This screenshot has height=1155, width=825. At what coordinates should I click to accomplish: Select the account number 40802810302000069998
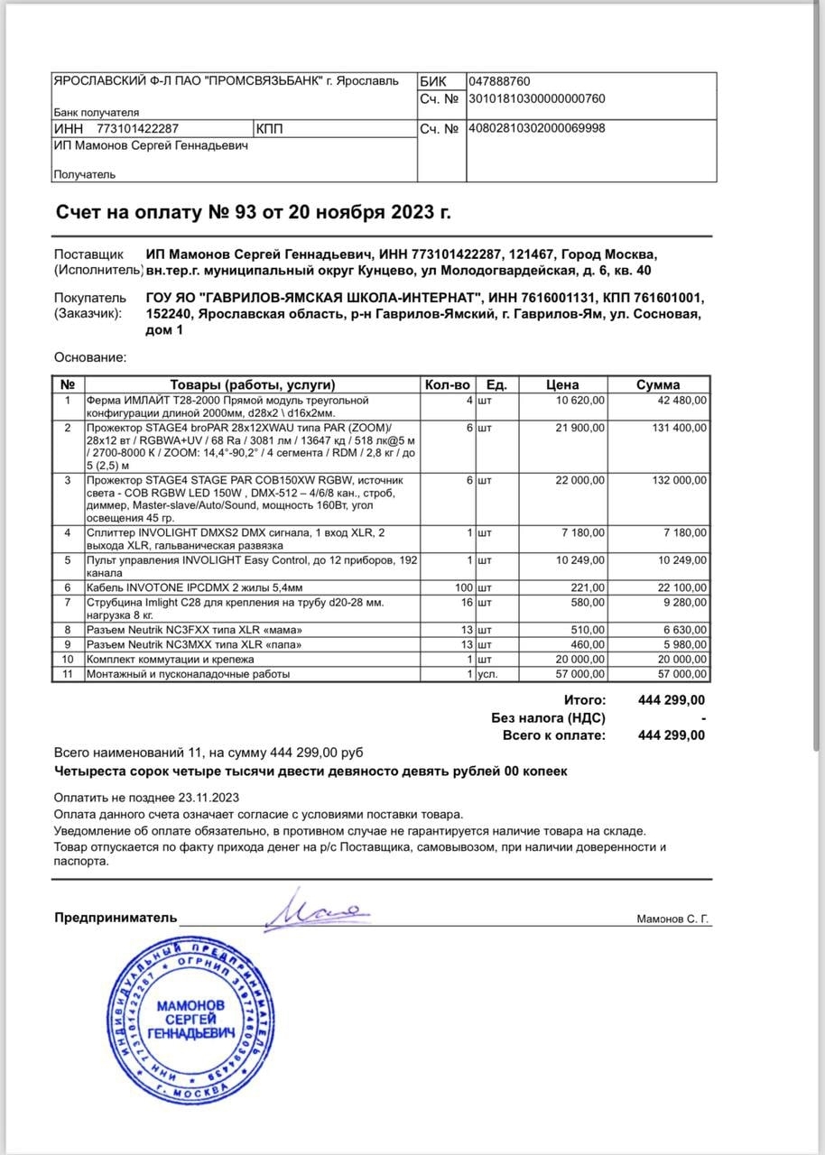pyautogui.click(x=537, y=128)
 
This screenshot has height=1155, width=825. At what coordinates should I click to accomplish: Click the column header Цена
pyautogui.click(x=562, y=384)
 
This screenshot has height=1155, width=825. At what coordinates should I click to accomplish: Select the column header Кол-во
pyautogui.click(x=447, y=384)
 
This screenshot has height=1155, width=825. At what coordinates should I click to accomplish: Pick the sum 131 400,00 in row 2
pyautogui.click(x=680, y=427)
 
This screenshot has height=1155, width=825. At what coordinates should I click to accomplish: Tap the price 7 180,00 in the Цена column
pyautogui.click(x=581, y=532)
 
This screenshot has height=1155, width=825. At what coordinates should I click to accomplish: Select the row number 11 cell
pyautogui.click(x=68, y=674)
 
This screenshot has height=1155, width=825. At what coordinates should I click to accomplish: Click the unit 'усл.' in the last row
pyautogui.click(x=487, y=674)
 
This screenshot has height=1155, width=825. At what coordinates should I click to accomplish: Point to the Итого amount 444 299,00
pyautogui.click(x=672, y=700)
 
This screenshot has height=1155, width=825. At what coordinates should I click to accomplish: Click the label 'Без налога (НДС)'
pyautogui.click(x=548, y=718)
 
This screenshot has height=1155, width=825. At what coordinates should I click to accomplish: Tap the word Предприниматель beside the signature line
pyautogui.click(x=116, y=918)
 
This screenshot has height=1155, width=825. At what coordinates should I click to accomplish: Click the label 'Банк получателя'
pyautogui.click(x=97, y=113)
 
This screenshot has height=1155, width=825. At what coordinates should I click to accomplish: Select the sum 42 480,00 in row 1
pyautogui.click(x=682, y=400)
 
